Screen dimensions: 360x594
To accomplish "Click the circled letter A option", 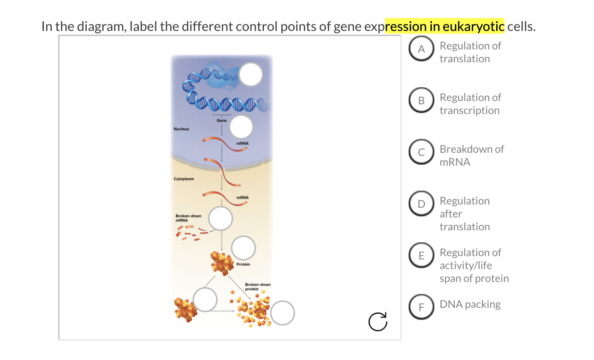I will [421, 50].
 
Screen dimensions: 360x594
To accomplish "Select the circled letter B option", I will [421, 102].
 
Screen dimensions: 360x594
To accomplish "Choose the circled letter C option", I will [421, 154].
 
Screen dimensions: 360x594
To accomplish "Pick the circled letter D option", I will [421, 205].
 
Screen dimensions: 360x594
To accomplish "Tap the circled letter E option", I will [421, 257].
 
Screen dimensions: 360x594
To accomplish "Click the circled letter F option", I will [421, 308].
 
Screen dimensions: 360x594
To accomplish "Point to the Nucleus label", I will [181, 129].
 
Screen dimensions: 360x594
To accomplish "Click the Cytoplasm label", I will [184, 179].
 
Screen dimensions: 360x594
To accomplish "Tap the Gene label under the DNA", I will [221, 120].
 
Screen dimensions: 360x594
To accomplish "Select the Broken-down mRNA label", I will [188, 218].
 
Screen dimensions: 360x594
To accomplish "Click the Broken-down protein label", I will [257, 287].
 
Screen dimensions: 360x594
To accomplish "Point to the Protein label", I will [243, 264].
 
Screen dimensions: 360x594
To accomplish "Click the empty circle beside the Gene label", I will [242, 127].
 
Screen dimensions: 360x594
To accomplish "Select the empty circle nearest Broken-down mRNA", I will [221, 218].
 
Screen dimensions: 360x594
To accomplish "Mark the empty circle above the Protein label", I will [244, 248].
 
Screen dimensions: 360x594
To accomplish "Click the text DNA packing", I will [469, 304].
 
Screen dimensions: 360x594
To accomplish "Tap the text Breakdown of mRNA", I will [471, 156].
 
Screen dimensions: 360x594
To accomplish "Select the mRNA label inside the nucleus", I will [242, 144].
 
